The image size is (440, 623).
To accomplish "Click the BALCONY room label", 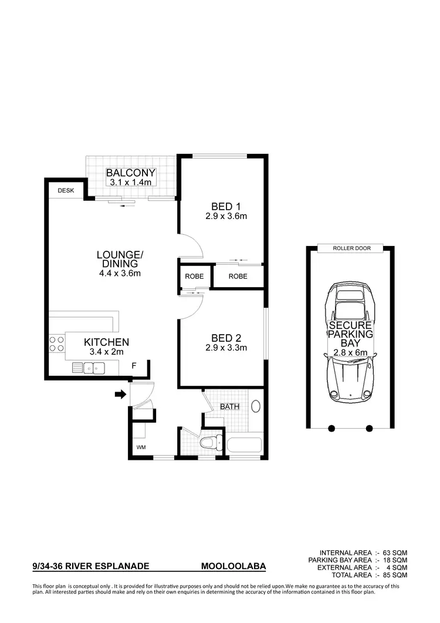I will coord(131,173).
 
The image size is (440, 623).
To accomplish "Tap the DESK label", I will coord(66,190).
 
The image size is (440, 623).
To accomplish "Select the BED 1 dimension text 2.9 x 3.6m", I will coord(226,216).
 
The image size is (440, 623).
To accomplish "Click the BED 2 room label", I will coord(226,338).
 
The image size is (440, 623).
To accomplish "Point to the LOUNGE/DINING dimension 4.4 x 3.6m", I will coord(120,273).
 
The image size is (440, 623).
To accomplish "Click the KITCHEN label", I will coord(106,342).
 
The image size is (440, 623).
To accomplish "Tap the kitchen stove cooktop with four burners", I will coord(57,344).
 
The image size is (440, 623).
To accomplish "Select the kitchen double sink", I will coord(93,368).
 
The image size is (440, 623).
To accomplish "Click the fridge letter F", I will coord(134,366).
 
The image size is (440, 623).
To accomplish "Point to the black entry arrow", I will coord(120,395).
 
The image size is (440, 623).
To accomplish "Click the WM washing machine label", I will coord(141,447).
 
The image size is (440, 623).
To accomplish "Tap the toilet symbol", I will coord(209,442).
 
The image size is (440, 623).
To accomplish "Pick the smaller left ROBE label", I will coord(194,276).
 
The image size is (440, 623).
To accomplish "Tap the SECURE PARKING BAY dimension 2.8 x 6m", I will coord(350,352).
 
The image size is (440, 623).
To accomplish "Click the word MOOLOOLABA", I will coord(233,567).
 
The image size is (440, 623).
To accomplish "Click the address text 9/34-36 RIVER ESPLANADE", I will coord(91,567).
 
